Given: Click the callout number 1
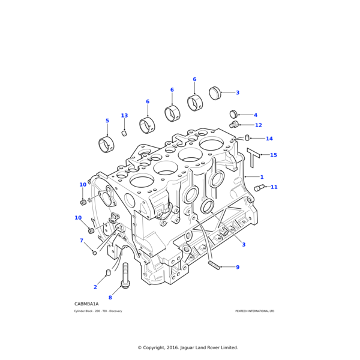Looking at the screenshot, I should [x=262, y=177].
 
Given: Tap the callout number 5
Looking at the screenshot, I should [x=107, y=121].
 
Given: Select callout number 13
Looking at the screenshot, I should [x=124, y=116].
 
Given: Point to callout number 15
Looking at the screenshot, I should [x=274, y=155].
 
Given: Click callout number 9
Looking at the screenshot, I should [x=238, y=267].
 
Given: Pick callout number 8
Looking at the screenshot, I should [x=110, y=298].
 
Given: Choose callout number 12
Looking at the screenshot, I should [x=259, y=125].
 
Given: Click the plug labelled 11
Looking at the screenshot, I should [x=259, y=188].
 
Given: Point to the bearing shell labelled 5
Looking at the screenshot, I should [x=106, y=145].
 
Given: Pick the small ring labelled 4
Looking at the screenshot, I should [x=233, y=114].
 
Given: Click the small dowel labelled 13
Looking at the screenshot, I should [x=124, y=133].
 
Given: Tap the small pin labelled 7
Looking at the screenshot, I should [x=94, y=253].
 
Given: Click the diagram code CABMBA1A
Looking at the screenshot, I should [x=86, y=304].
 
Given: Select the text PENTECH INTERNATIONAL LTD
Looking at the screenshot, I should [x=254, y=311].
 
